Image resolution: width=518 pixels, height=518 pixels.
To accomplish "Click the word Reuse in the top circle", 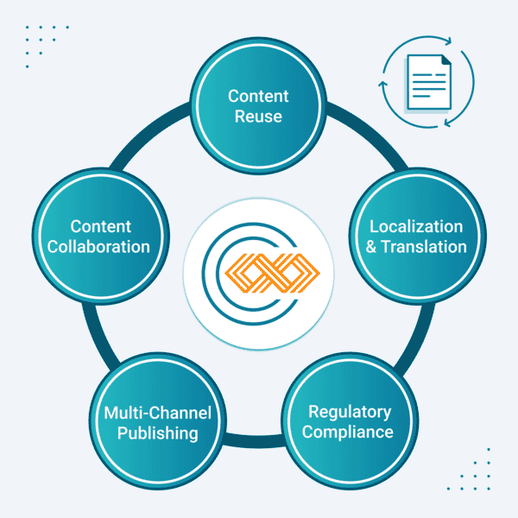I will coord(258,116).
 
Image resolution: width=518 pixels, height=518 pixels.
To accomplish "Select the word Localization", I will coord(416,226).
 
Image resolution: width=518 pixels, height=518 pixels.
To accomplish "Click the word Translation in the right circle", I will coord(424,247).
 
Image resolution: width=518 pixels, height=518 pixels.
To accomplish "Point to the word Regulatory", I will coord(350,411).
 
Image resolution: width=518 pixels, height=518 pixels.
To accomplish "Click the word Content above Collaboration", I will coord(101,226).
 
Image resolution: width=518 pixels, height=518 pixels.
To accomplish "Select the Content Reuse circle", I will coord(258,78).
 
